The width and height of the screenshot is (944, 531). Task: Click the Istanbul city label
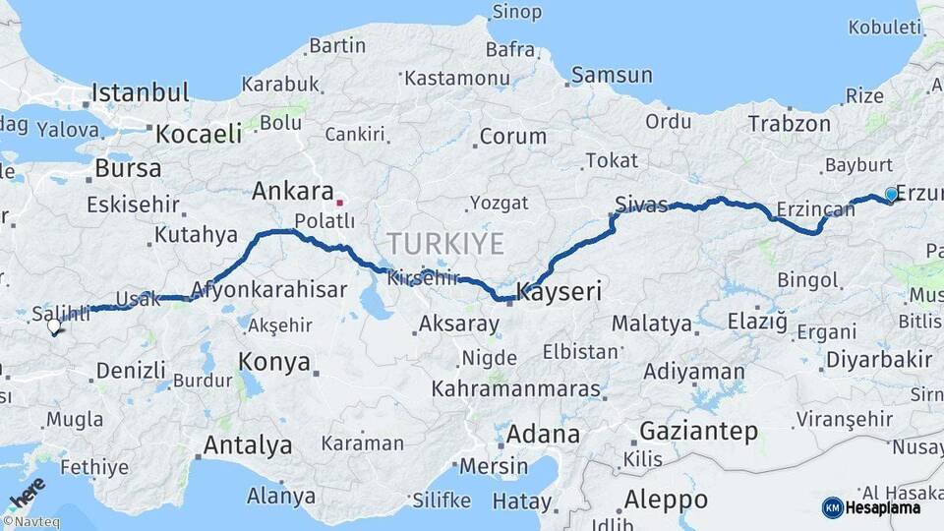pyautogui.click(x=140, y=93)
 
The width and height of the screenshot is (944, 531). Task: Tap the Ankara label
pyautogui.click(x=292, y=191)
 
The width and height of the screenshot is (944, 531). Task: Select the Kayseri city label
pyautogui.click(x=559, y=292)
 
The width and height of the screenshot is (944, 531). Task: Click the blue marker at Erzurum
pyautogui.click(x=891, y=195)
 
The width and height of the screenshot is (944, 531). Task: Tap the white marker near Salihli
pyautogui.click(x=54, y=326)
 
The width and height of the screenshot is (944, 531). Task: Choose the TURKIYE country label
pyautogui.click(x=445, y=243)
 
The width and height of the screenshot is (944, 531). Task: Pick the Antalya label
pyautogui.click(x=247, y=445)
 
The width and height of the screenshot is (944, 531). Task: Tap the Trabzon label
pyautogui.click(x=789, y=124)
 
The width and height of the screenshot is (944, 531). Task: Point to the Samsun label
pyautogui.click(x=612, y=75)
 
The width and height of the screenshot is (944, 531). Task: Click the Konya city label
pyautogui.click(x=274, y=362)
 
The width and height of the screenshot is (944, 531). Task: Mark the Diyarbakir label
pyautogui.click(x=878, y=359)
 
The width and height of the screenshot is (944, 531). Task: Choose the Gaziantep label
pyautogui.click(x=698, y=431)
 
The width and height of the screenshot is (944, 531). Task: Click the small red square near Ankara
pyautogui.click(x=339, y=203)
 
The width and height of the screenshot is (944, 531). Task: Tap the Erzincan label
pyautogui.click(x=815, y=208)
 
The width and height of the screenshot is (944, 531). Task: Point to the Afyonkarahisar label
pyautogui.click(x=268, y=290)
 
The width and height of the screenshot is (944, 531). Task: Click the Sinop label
pyautogui.click(x=516, y=12)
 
